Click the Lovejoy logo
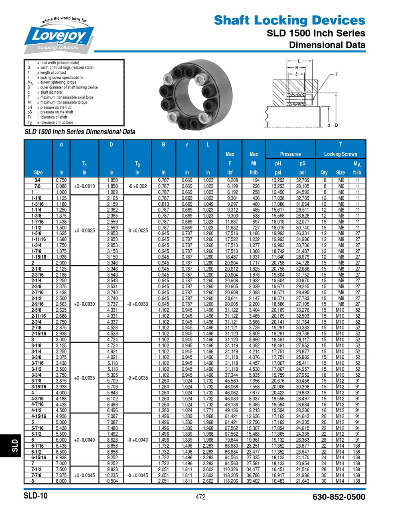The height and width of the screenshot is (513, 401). pyautogui.click(x=59, y=36)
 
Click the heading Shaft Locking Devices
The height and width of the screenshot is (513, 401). pyautogui.click(x=289, y=20)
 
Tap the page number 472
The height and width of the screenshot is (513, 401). pyautogui.click(x=200, y=497)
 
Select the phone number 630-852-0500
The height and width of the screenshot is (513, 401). pyautogui.click(x=339, y=497)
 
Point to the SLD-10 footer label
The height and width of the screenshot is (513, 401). pyautogui.click(x=36, y=496)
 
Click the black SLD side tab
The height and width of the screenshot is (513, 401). pyautogui.click(x=14, y=444)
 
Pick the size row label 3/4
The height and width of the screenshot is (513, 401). pyautogui.click(x=38, y=180)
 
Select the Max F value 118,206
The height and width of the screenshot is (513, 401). pyautogui.click(x=230, y=481)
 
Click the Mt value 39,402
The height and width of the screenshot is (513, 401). pyautogui.click(x=253, y=481)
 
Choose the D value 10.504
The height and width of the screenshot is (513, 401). pyautogui.click(x=111, y=481)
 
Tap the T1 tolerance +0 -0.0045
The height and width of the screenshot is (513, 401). pyautogui.click(x=84, y=475)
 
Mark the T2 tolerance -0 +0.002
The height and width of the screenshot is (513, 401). pyautogui.click(x=138, y=186)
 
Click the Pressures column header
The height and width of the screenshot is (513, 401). pyautogui.click(x=290, y=154)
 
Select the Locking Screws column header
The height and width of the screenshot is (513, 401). pyautogui.click(x=340, y=154)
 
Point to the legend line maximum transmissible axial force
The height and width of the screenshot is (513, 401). pyautogui.click(x=66, y=97)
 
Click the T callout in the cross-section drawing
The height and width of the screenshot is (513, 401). pyautogui.click(x=337, y=75)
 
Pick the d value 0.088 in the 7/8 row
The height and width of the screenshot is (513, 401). pyautogui.click(x=61, y=186)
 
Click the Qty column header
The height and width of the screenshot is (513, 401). pyautogui.click(x=324, y=173)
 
